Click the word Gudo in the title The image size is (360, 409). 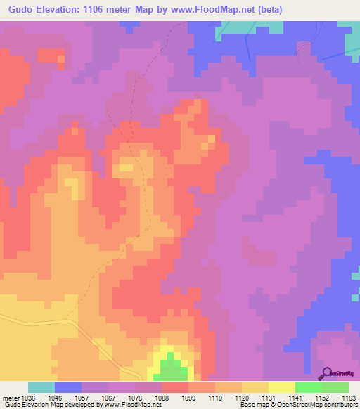point(22,10)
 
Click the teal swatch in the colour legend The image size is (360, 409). point(41,387)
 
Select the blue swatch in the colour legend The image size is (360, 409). point(67,387)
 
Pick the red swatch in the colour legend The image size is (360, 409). point(174,387)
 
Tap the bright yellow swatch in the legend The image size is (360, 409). point(281,387)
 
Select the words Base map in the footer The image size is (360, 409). point(252,405)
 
